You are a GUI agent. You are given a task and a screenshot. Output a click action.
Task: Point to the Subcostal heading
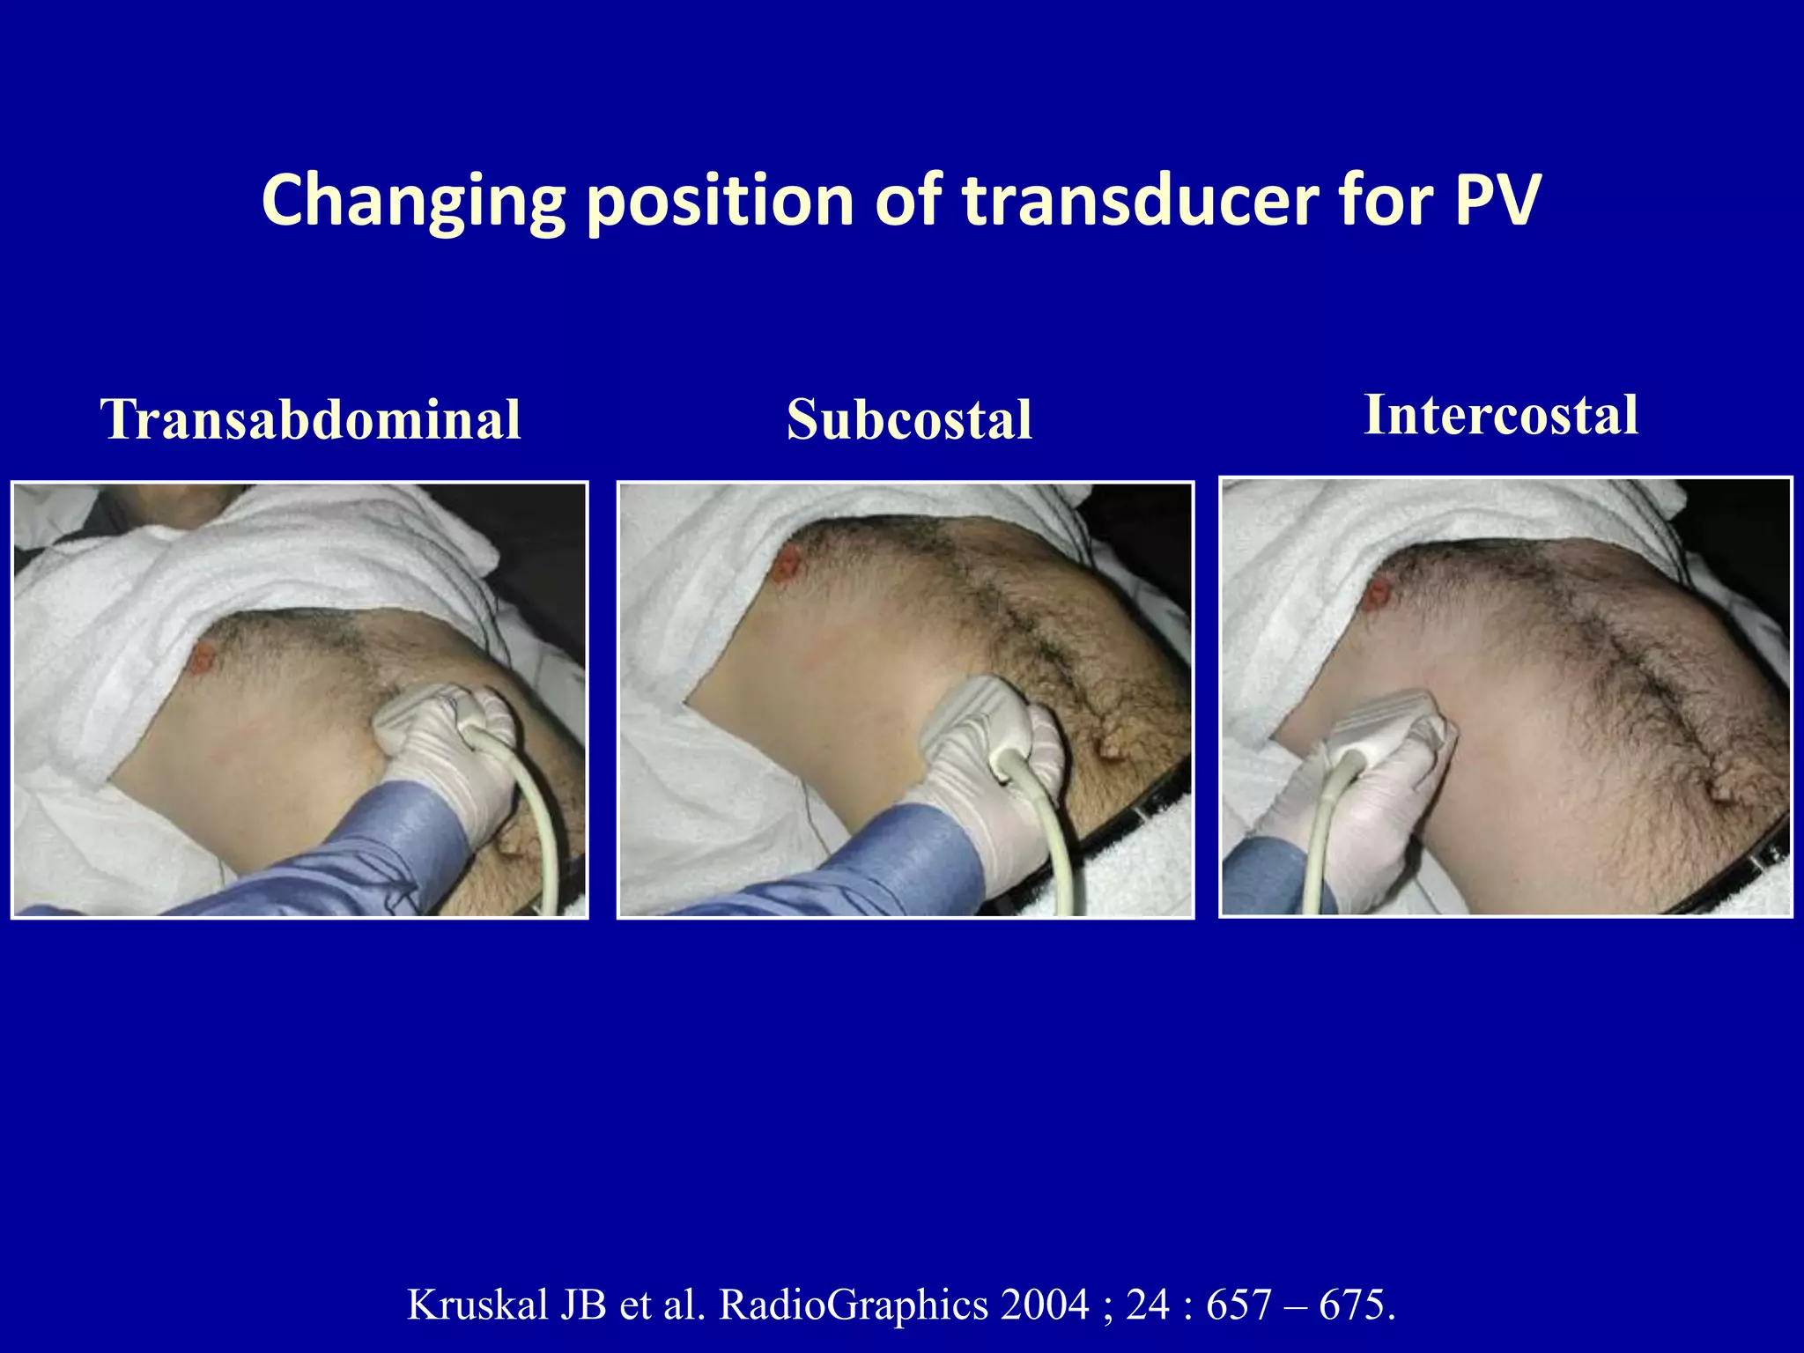[x=909, y=419]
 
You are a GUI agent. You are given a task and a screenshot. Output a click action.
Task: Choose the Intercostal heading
[x=1501, y=414]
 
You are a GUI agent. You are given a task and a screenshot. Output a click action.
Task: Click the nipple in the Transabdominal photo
[x=203, y=655]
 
